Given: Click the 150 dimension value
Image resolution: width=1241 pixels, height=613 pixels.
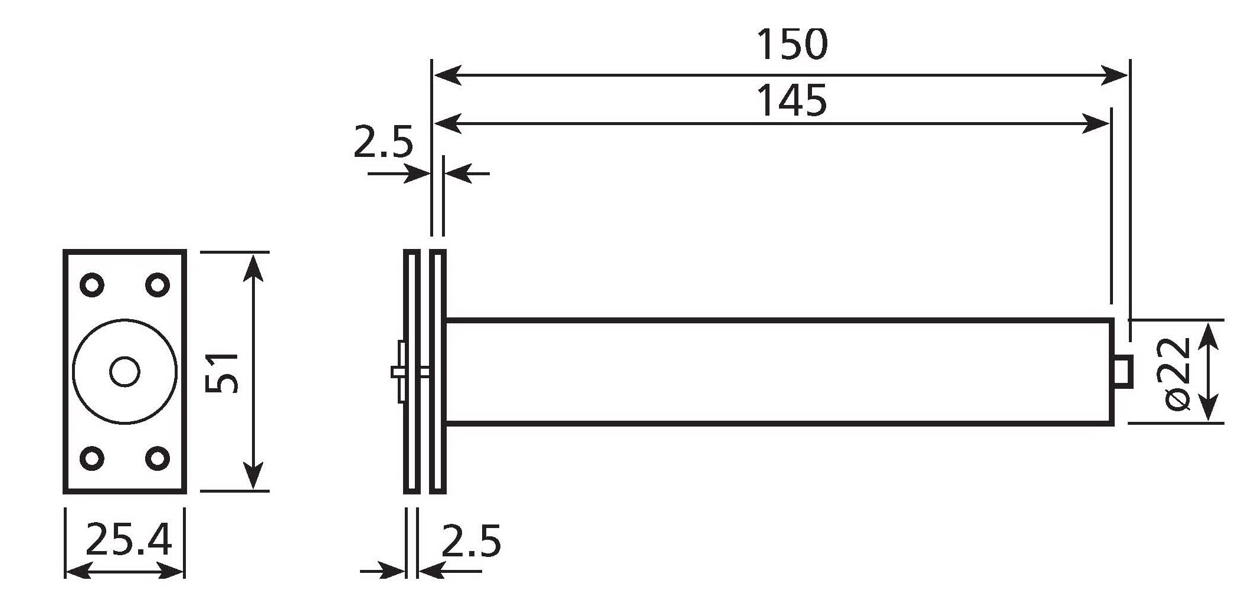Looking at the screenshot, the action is coord(793,44).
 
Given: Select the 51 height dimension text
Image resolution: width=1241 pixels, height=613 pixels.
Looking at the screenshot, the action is coord(222,372).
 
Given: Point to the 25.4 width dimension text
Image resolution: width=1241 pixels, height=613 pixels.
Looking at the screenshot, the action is coord(129,540).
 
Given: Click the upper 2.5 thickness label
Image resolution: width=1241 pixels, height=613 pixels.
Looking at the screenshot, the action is coord(383,142).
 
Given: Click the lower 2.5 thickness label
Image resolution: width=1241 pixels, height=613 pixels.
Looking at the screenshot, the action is coord(471,541).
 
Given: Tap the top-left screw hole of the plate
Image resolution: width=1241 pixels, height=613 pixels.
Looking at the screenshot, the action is coord(92,285).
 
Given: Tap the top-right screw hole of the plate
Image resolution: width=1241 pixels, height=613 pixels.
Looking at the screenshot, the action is coord(158,285).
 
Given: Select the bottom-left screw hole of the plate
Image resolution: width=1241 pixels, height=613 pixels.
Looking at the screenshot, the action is coord(92,458).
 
